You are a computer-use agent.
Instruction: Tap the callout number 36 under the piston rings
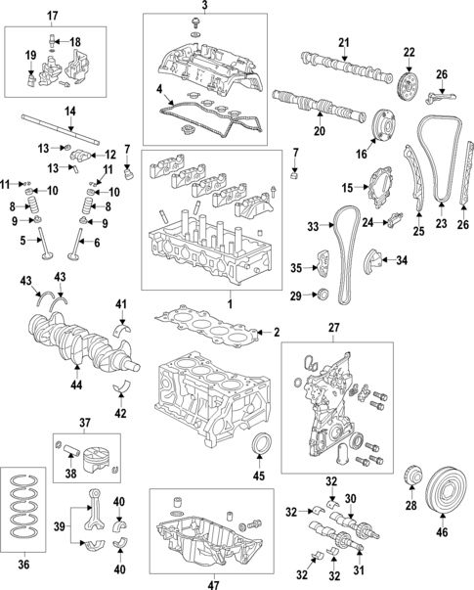[x=25, y=564]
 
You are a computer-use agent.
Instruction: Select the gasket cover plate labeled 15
[x=376, y=188]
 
